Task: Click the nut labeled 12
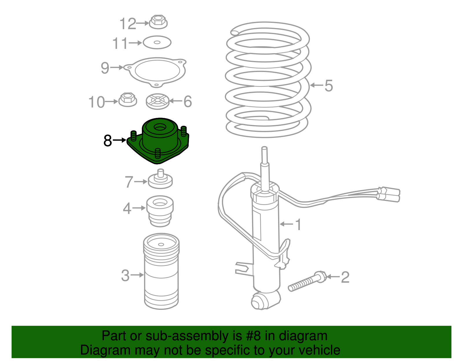(x=158, y=22)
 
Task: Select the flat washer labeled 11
(x=157, y=42)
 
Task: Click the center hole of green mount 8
(x=160, y=127)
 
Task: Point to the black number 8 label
(x=108, y=141)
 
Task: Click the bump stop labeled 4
(x=160, y=211)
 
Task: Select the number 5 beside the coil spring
(x=328, y=86)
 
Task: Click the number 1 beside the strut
(x=298, y=225)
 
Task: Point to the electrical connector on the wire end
(x=389, y=194)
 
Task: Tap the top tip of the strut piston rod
(x=264, y=149)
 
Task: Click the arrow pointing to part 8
(x=120, y=140)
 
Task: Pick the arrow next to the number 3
(x=137, y=275)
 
